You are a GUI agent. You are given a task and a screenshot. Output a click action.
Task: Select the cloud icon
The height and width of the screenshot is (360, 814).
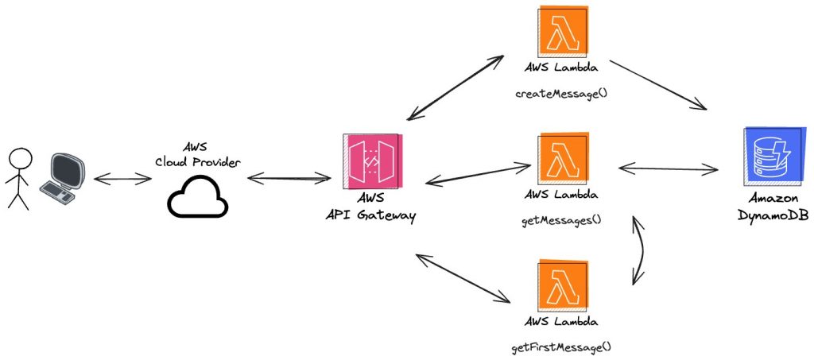click(197, 195)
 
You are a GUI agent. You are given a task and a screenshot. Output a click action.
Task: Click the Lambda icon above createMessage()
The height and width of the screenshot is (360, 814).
click(562, 31)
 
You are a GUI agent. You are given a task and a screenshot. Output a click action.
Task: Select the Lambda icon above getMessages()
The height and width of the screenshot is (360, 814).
click(562, 157)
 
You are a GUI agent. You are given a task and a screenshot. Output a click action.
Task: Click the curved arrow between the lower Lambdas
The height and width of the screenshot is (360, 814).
click(640, 249)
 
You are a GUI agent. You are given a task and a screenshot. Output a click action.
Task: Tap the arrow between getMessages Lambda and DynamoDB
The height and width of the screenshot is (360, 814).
click(668, 168)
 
